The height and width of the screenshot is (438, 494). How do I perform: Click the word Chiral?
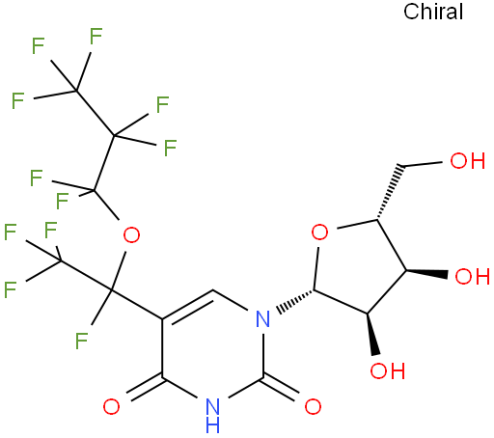(433, 12)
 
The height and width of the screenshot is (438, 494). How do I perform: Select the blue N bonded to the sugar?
(262, 319)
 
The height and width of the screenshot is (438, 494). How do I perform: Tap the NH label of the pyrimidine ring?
(213, 416)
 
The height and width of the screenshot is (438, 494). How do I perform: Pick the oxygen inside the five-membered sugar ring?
(319, 233)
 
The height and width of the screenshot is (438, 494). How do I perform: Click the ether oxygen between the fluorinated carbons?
(131, 235)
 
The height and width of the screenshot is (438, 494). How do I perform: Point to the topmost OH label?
(467, 160)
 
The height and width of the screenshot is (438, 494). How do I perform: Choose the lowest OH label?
(387, 370)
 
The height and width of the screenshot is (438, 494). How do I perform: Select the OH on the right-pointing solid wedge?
(473, 276)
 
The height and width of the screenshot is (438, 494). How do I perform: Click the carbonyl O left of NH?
(111, 406)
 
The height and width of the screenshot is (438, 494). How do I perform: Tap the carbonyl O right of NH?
(313, 406)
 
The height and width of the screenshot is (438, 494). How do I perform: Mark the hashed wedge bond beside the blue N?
(295, 302)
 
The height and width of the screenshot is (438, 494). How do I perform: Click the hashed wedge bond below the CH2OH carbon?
(389, 192)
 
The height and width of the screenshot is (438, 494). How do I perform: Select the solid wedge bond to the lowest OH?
(371, 334)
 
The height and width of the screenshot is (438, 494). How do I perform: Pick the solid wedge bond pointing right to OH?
(426, 273)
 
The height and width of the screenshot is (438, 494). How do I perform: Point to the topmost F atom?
(96, 36)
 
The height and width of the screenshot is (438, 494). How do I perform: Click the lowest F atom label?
(81, 341)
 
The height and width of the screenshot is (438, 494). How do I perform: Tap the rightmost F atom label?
(170, 148)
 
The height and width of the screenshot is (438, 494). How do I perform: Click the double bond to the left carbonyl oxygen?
(145, 387)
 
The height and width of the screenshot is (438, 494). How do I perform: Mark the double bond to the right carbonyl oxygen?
(281, 388)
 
